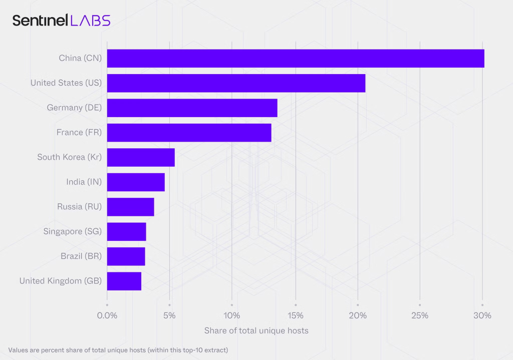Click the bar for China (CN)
pos(296,58)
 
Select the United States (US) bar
pos(236,83)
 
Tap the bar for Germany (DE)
pos(192,108)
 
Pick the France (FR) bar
pos(189,133)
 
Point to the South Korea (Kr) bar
pos(141,157)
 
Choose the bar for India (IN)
pos(136,182)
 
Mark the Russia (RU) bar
pos(130,207)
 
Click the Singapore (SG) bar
pos(126,232)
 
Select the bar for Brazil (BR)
pos(126,256)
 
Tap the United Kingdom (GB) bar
pos(124,281)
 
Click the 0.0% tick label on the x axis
pos(107,315)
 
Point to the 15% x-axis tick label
pos(296,315)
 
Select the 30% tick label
pos(482,315)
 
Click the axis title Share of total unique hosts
pos(256,330)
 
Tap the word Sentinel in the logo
pos(40,21)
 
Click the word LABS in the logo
pos(90,21)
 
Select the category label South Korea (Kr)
pos(69,157)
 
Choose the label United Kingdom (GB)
pos(60,281)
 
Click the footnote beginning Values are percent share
pos(118,350)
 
